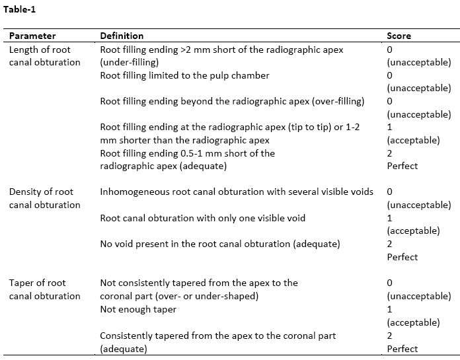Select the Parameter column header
click(32, 36)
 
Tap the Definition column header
click(122, 36)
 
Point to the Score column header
click(399, 36)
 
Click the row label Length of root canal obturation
click(44, 55)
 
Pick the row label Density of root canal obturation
click(44, 198)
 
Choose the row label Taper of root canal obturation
click(44, 289)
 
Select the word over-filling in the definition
click(336, 101)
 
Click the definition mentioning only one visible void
click(202, 218)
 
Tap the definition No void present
click(219, 244)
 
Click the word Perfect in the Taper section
click(402, 348)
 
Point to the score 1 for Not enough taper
click(390, 309)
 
